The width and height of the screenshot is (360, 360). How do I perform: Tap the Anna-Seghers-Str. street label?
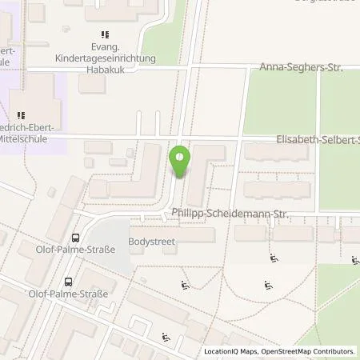301,69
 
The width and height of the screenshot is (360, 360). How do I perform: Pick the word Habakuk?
102,70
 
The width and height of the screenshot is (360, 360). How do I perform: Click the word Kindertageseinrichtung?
102,58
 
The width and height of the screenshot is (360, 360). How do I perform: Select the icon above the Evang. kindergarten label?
104,34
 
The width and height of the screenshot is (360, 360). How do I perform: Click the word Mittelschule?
30,138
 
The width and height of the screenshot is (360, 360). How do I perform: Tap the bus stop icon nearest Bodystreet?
75,238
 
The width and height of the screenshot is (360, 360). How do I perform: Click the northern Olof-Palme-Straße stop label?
75,250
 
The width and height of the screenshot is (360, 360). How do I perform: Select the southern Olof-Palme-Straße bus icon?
69,282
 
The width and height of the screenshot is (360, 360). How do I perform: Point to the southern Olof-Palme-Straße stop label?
70,294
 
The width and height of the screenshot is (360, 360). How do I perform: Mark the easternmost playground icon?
354,260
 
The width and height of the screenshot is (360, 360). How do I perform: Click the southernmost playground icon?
166,337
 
